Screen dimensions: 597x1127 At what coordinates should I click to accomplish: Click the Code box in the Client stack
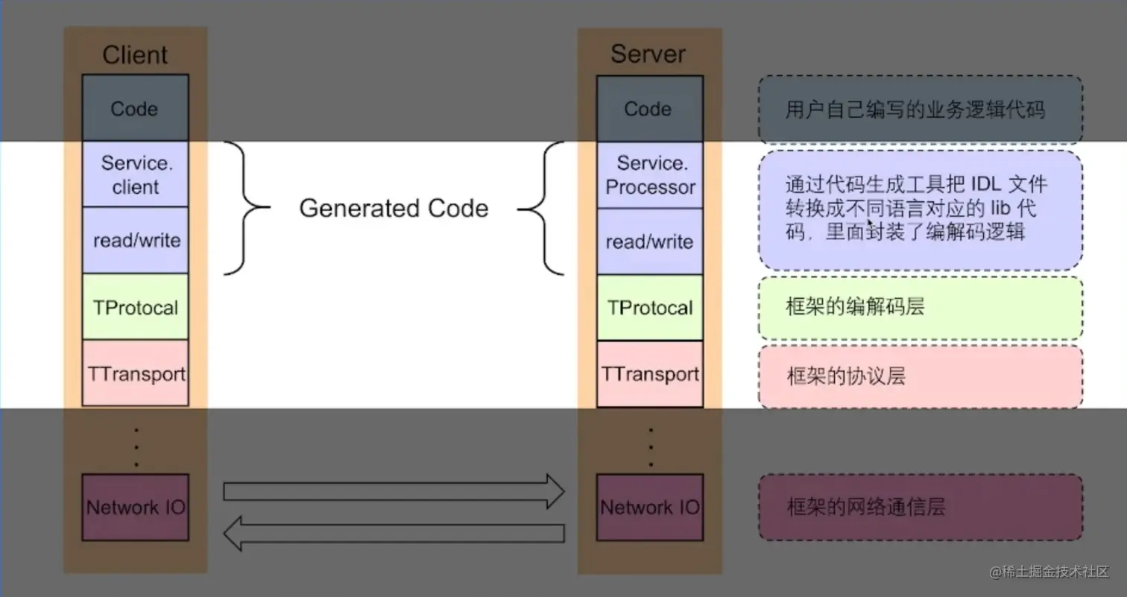[x=135, y=108]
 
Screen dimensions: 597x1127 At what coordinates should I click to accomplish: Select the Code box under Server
[x=649, y=109]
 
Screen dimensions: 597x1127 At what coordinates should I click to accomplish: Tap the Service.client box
[x=135, y=174]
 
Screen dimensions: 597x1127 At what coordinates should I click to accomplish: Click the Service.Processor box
[x=649, y=175]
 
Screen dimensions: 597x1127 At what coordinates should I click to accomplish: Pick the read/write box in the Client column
[x=135, y=240]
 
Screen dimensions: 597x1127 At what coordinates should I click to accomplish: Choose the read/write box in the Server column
[x=649, y=241]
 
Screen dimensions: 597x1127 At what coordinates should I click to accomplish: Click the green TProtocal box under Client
[x=135, y=306]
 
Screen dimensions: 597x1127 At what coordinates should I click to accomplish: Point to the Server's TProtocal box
[x=649, y=307]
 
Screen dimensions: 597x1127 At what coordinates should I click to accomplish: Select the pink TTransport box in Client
[x=135, y=373]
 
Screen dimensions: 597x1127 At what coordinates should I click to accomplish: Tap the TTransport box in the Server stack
[x=649, y=373]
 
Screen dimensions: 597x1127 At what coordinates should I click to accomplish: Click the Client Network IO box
[x=135, y=507]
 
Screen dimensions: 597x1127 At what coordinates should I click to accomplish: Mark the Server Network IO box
[x=649, y=507]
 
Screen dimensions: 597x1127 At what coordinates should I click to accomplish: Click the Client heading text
[x=135, y=54]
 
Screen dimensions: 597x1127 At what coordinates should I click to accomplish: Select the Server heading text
[x=648, y=54]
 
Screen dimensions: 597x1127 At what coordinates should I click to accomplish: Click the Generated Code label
[x=394, y=208]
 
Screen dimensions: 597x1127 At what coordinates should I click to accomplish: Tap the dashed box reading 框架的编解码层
[x=921, y=307]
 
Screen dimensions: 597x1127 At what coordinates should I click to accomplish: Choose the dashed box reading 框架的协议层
[x=921, y=376]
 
